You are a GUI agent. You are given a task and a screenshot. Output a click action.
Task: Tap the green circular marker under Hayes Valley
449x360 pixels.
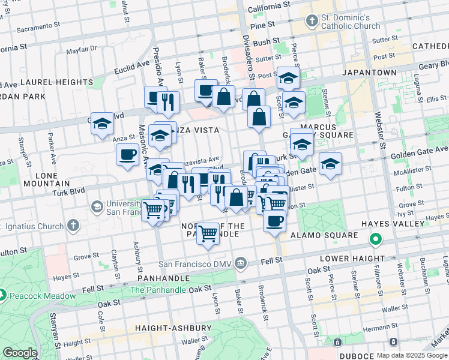tap(376, 240)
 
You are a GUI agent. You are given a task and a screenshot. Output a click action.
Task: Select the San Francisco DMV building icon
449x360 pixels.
tap(240, 263)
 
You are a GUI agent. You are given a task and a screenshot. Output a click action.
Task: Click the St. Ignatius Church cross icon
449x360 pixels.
tap(73, 226)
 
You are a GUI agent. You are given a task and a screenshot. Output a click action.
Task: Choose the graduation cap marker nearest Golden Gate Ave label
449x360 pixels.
tap(330, 163)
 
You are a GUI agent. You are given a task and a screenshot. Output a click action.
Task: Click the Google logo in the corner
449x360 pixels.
tap(20, 353)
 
